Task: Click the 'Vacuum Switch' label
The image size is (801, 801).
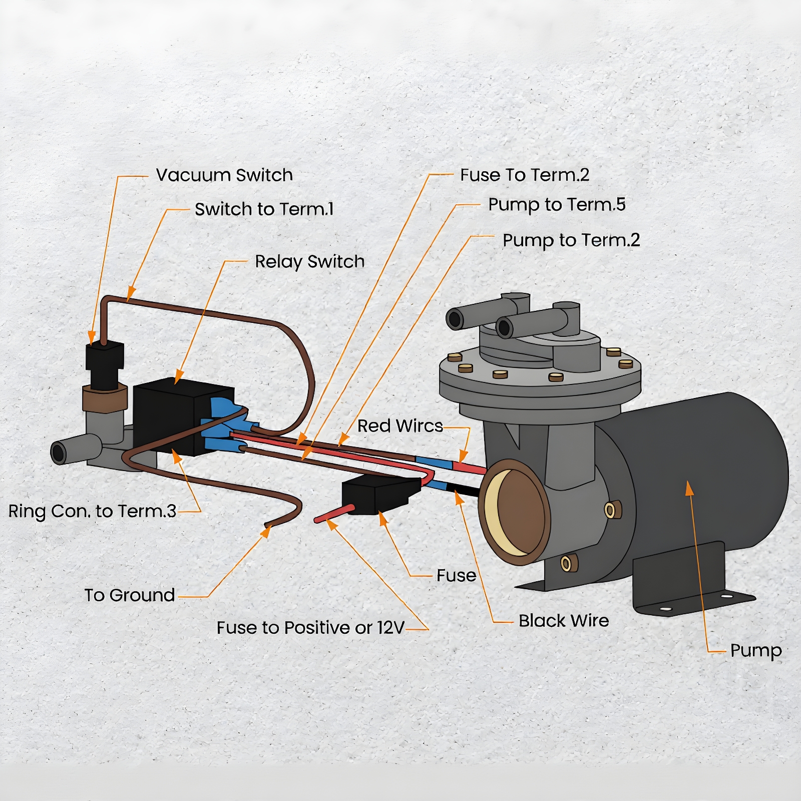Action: pos(224,175)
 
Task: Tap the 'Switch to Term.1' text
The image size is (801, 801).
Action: pos(264,209)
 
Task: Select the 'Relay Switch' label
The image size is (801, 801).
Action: pos(309,262)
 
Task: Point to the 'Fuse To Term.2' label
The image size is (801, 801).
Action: pos(525,175)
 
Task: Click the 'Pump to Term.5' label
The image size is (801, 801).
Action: pos(557,205)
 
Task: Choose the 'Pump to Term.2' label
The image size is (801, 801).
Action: pos(571,240)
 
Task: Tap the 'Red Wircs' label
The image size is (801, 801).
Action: pos(400,426)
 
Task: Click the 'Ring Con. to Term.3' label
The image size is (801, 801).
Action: pos(93,511)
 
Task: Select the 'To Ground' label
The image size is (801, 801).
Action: pos(129,595)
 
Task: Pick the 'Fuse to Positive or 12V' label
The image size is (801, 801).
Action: pos(310,628)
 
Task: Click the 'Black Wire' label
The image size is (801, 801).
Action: pos(564,621)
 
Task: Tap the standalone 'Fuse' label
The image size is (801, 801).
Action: pos(456,576)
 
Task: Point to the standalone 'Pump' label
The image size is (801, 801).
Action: pos(756,651)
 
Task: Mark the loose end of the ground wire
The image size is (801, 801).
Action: pos(267,525)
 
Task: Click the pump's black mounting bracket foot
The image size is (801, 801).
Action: pos(696,596)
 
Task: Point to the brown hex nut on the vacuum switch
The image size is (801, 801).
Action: pos(104,399)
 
